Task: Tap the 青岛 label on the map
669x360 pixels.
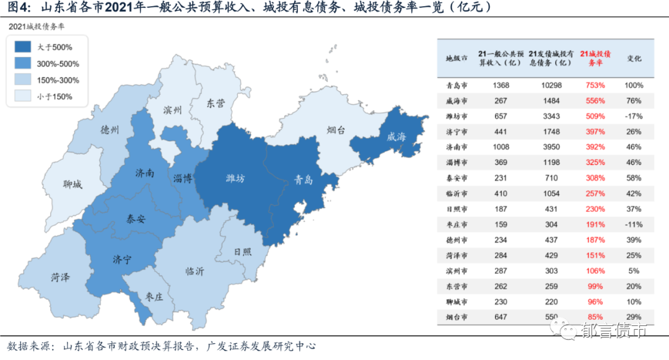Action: click(x=304, y=180)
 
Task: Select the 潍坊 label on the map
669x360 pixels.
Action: click(x=235, y=178)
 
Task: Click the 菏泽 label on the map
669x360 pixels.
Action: click(x=61, y=277)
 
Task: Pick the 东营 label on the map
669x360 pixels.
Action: click(x=216, y=103)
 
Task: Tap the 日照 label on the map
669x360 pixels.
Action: click(x=243, y=252)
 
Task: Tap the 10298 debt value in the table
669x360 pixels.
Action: click(x=550, y=85)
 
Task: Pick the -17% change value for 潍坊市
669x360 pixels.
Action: click(x=634, y=116)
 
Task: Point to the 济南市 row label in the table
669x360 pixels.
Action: click(x=457, y=147)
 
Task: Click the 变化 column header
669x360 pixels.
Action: click(x=634, y=58)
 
